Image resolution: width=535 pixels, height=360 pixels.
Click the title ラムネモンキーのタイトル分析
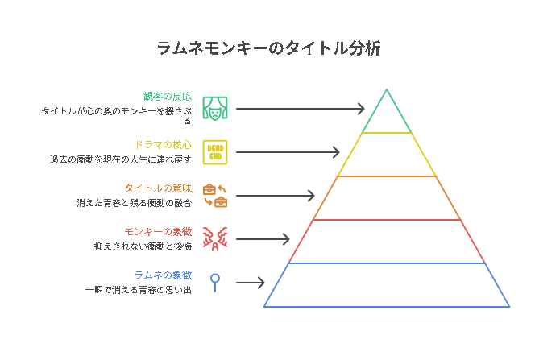coord(267,49)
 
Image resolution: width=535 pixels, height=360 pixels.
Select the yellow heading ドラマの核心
coord(163,145)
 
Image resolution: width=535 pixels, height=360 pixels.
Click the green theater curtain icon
coord(215,107)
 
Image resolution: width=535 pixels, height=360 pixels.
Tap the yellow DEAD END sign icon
coord(215,151)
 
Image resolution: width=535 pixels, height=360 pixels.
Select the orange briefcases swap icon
coord(215,195)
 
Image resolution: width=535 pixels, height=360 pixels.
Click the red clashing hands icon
coord(215,238)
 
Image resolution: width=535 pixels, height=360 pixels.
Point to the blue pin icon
coord(215,281)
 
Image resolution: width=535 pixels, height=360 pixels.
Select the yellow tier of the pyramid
coord(387,155)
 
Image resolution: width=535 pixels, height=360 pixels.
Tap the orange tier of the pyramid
coord(387,198)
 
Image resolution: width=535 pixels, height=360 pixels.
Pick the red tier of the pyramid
coord(387,242)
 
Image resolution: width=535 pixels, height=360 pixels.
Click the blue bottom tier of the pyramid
coord(387,285)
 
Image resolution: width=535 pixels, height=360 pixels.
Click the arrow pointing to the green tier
coord(300,108)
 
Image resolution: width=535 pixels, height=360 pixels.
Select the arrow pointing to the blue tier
coord(250,282)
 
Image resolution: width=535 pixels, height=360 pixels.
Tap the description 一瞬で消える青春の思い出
coord(138,289)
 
